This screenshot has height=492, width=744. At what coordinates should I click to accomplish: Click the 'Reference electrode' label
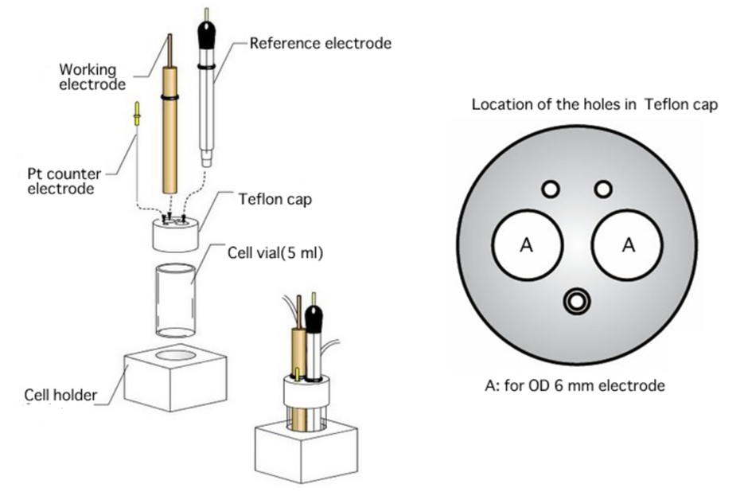tap(320, 43)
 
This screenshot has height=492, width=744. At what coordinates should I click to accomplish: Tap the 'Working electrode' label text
tap(92, 76)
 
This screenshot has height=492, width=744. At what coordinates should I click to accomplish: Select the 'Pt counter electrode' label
tap(61, 181)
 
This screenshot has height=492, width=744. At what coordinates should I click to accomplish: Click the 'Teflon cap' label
tap(275, 199)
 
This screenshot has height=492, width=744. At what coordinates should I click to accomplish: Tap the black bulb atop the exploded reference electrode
tap(207, 36)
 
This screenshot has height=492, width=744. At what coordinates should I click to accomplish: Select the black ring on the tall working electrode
tap(169, 97)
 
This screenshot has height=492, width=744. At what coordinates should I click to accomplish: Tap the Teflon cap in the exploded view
tap(175, 234)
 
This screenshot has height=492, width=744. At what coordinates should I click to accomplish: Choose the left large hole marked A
tap(527, 245)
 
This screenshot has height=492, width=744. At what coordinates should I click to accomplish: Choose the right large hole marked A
tap(628, 245)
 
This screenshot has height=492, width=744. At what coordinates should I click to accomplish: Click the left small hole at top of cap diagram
tap(550, 189)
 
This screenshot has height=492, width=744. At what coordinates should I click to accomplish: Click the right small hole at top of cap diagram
tap(603, 189)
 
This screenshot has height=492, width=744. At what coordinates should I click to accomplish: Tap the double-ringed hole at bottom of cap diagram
tap(576, 301)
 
